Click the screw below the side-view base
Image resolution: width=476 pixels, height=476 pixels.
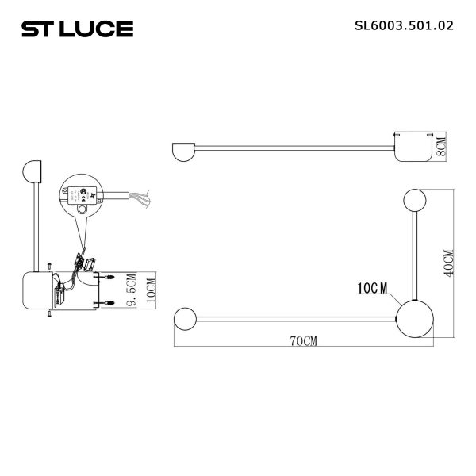(49, 316)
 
